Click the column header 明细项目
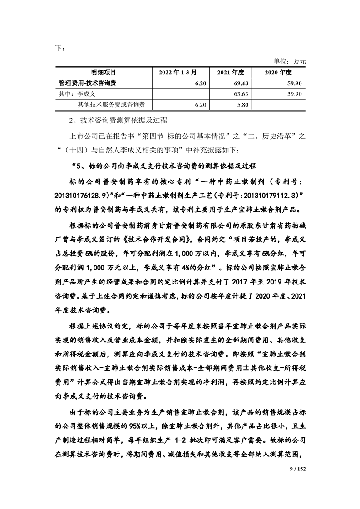[x=104, y=72]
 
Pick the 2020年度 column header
[x=278, y=72]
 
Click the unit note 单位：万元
[x=290, y=61]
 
